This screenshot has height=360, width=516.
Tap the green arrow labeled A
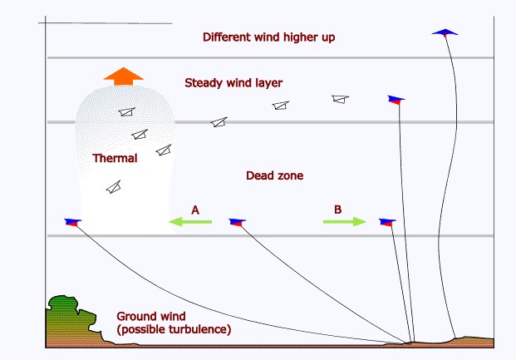(189, 222)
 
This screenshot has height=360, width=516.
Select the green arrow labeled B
(344, 222)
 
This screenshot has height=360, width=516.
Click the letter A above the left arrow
(195, 210)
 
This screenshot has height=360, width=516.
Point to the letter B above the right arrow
(337, 210)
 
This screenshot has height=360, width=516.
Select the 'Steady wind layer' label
(234, 83)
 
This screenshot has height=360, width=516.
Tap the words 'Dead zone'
(275, 176)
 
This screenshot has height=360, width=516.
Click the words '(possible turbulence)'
(174, 330)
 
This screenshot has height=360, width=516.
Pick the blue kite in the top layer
(445, 32)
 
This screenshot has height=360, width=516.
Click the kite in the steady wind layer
(396, 99)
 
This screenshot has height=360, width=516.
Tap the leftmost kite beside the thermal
(73, 222)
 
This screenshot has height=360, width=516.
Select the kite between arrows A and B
(238, 222)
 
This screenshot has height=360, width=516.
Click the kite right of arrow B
(386, 222)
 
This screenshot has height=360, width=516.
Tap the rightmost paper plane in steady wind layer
(339, 99)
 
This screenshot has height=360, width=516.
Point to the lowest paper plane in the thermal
(113, 187)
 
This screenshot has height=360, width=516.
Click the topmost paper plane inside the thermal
(125, 112)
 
